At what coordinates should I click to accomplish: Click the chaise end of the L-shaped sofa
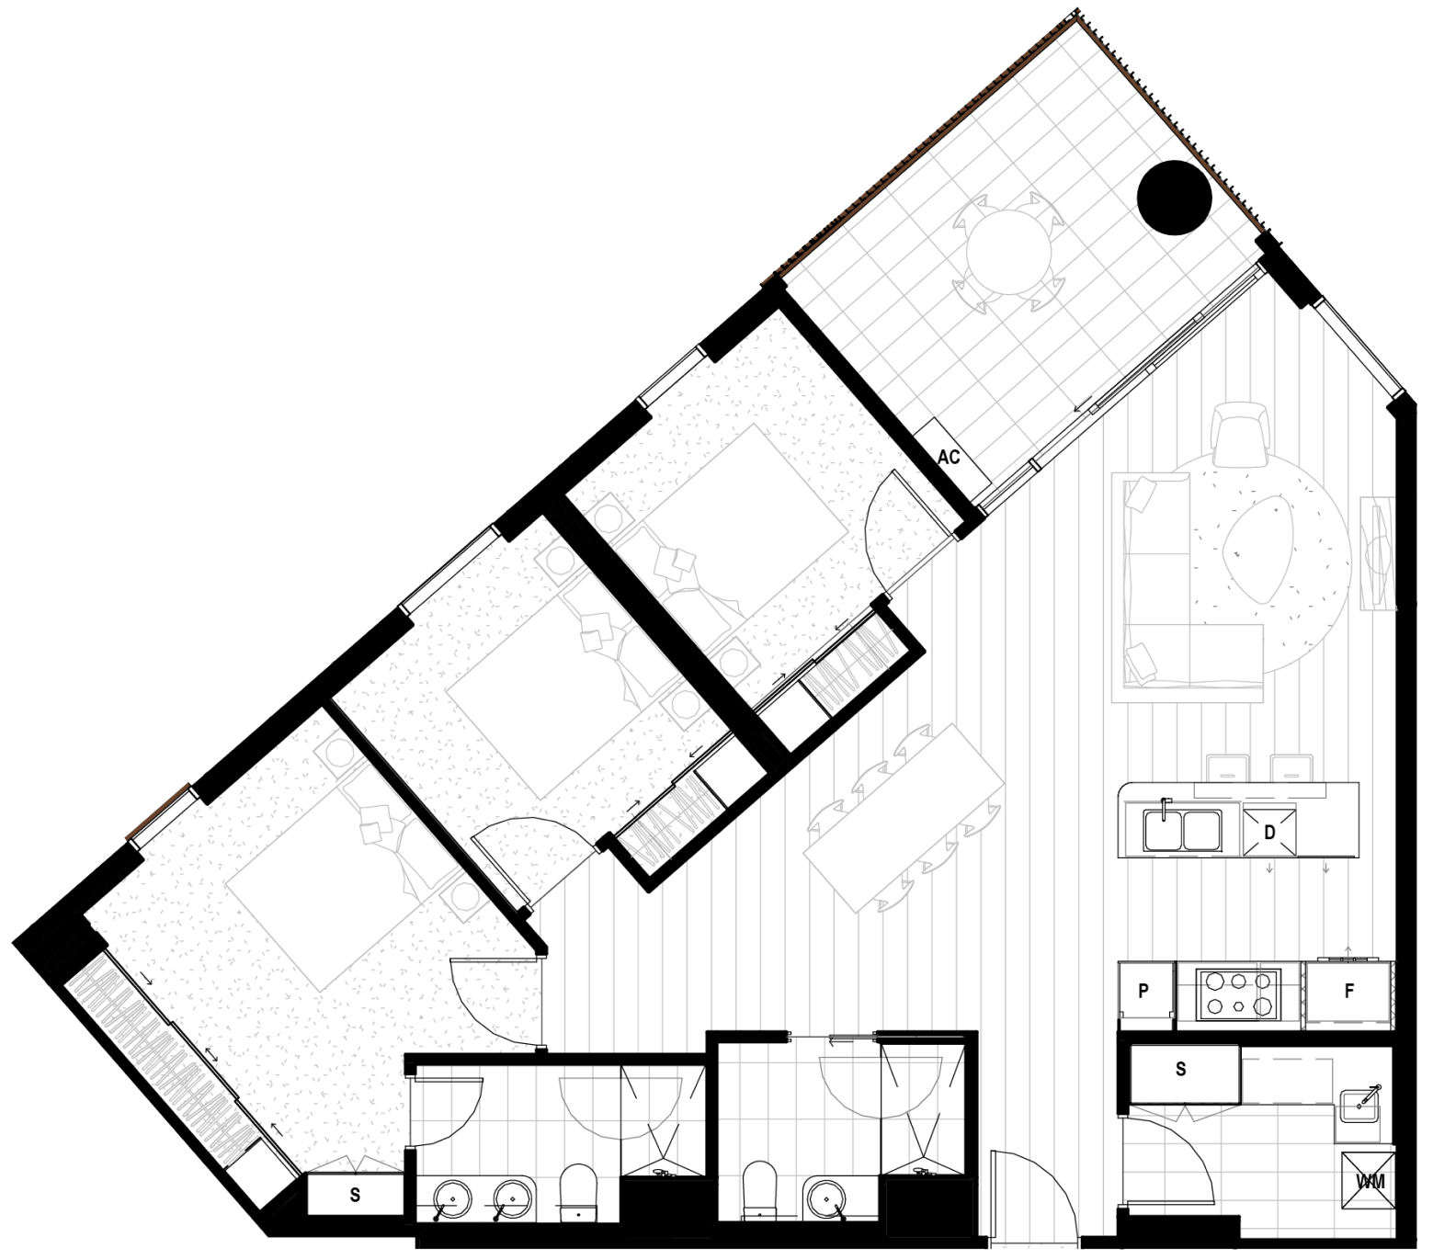coord(1227,653)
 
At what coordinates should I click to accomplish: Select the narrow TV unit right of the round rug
coord(1377,553)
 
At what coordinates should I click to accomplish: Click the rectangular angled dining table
coord(904,818)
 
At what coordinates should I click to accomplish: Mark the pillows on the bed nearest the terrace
coord(676,563)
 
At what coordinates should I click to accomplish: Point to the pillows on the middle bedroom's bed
coord(597,632)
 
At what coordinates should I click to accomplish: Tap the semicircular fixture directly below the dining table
coord(881,1085)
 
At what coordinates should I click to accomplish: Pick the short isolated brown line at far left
coord(156,812)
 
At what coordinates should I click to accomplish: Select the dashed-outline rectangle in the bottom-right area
coord(1287,1080)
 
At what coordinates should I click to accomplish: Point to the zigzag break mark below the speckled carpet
coord(354,1164)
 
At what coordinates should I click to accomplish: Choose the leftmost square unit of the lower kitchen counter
coord(1145,990)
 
